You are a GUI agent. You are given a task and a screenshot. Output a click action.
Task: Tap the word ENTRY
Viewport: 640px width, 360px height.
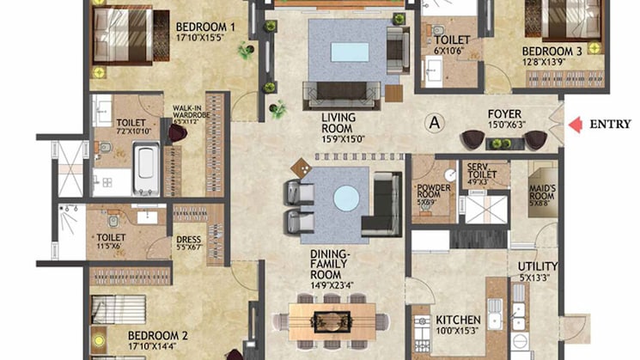611,125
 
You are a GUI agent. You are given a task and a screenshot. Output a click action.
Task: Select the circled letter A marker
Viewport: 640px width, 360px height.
435,122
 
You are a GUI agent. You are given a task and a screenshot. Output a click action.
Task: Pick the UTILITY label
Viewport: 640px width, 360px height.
538,266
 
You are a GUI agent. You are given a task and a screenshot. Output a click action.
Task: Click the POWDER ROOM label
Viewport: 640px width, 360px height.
433,192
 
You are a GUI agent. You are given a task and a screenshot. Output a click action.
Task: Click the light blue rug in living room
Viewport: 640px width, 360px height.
349,51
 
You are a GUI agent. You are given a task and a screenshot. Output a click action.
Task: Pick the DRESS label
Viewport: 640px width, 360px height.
188,240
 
